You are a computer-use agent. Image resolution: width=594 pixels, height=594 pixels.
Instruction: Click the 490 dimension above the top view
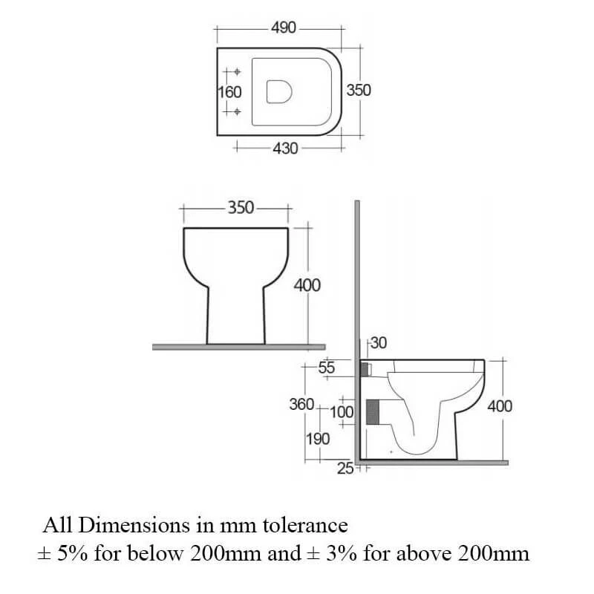284,28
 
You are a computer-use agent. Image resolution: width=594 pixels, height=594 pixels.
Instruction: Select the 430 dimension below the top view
284,148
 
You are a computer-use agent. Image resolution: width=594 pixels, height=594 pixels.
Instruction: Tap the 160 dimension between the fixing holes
229,92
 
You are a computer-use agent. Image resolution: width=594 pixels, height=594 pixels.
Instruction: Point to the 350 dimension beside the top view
359,91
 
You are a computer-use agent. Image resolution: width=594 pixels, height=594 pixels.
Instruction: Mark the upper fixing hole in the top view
237,73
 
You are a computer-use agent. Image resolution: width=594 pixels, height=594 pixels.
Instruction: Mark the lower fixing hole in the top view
237,111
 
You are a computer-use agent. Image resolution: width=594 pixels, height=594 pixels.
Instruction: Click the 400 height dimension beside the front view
307,285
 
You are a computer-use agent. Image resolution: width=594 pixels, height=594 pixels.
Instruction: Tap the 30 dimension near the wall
379,343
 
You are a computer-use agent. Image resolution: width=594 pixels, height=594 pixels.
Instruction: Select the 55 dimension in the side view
326,368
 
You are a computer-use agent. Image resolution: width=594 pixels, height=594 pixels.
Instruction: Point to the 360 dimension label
301,405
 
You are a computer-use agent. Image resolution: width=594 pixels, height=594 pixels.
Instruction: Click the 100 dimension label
342,411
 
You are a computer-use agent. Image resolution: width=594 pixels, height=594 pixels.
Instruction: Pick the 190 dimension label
318,439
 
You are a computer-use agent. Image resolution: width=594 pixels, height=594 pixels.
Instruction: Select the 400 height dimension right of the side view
499,406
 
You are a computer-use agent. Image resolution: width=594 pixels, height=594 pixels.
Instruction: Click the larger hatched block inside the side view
373,411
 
